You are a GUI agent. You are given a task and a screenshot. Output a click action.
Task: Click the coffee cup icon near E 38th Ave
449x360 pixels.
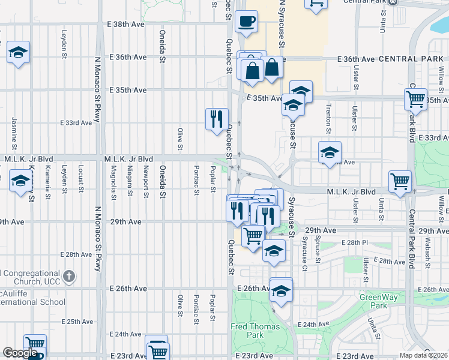click(246, 22)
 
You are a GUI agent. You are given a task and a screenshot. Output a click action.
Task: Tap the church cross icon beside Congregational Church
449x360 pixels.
click(69, 276)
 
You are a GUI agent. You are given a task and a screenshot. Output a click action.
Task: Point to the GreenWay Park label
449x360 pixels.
click(374, 301)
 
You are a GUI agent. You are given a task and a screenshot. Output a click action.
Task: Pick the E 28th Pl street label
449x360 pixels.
click(354, 242)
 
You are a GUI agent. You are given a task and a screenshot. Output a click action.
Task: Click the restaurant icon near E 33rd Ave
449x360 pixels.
click(216, 118)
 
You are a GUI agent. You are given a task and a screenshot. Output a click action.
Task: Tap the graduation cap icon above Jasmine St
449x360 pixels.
click(19, 53)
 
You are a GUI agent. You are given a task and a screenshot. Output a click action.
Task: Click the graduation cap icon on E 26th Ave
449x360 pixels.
click(280, 291)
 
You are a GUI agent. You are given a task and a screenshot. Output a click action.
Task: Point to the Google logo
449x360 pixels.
click(20, 353)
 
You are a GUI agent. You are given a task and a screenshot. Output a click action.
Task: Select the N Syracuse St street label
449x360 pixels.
click(281, 24)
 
